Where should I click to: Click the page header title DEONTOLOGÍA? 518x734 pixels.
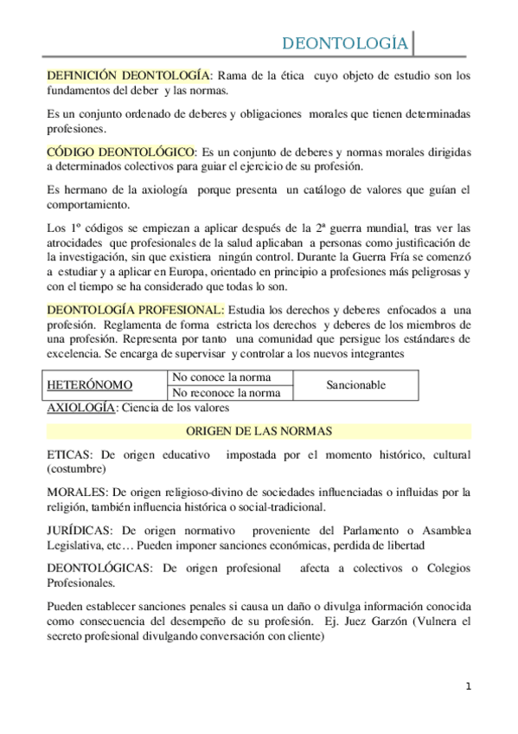[347, 43]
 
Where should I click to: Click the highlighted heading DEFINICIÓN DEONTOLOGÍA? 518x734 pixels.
[128, 76]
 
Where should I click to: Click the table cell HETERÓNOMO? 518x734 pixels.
[89, 385]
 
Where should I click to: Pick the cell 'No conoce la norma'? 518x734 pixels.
[221, 377]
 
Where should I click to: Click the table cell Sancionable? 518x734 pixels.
[355, 385]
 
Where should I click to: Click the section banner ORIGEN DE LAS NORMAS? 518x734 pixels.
[259, 431]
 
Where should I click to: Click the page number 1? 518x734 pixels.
[468, 687]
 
